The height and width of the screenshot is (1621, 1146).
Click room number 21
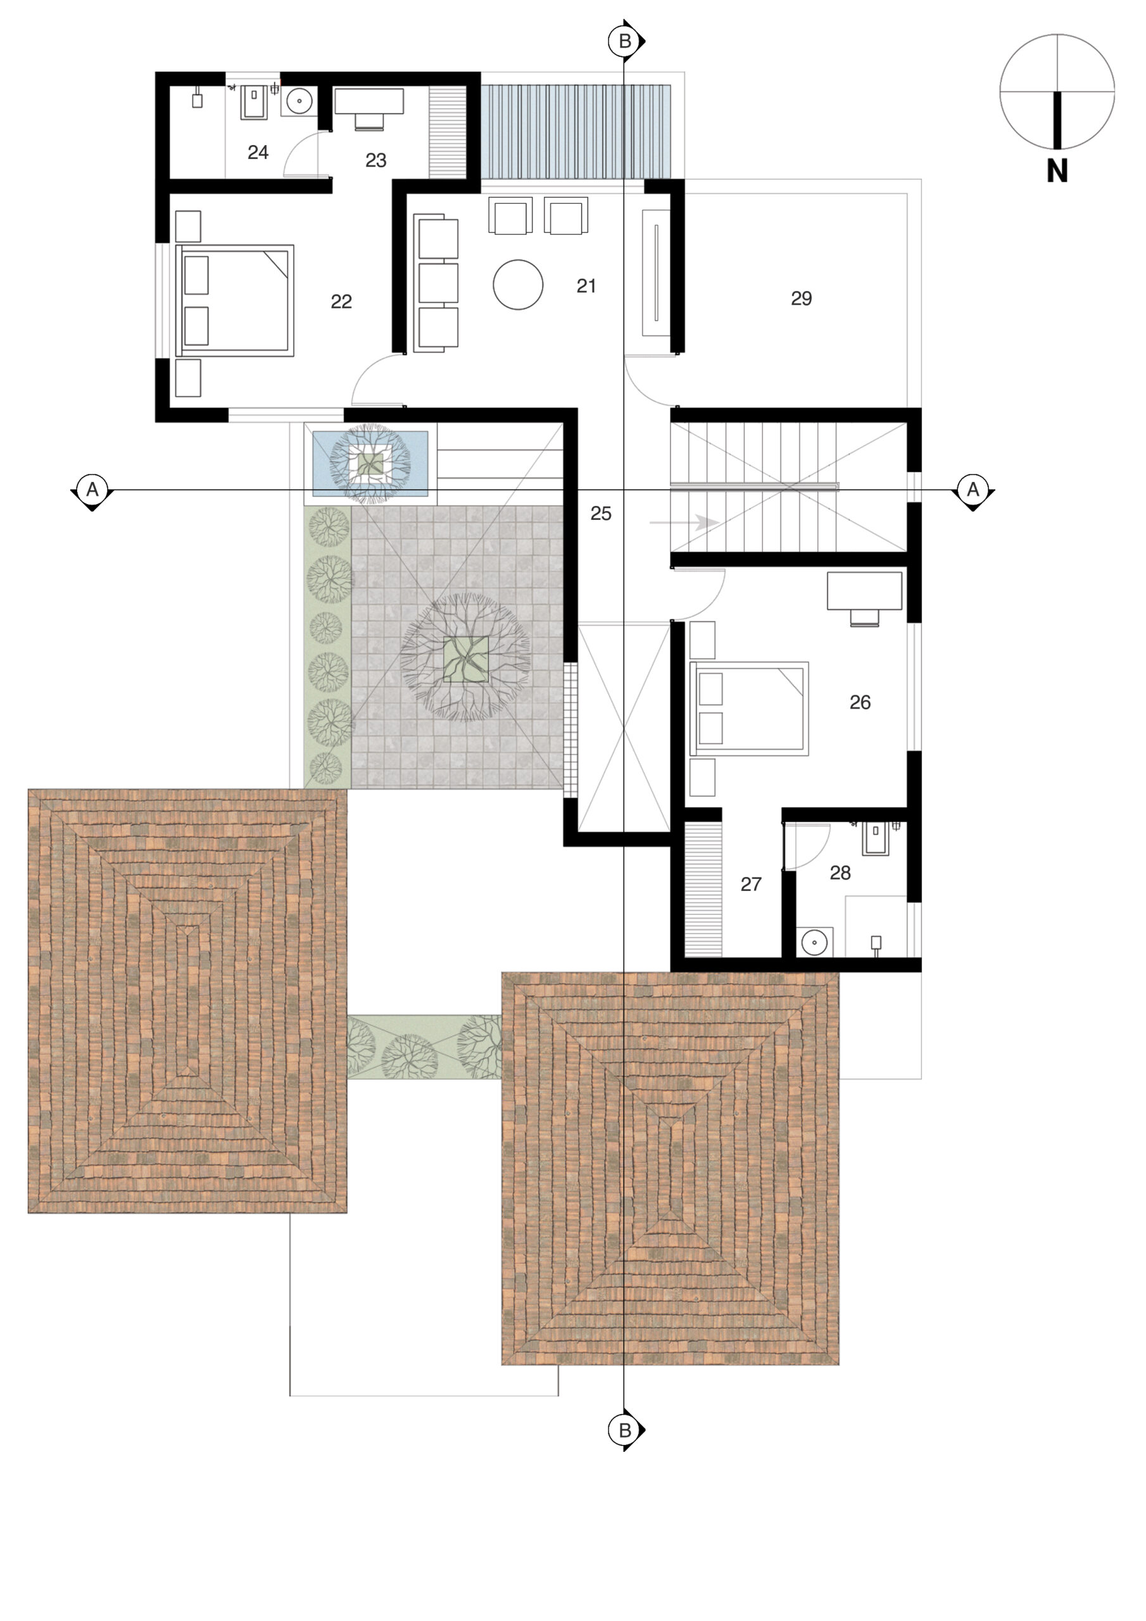(x=586, y=286)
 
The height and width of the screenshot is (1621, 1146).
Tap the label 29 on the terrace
(x=801, y=299)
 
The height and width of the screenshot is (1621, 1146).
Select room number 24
(x=258, y=152)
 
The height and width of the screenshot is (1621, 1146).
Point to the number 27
(x=750, y=884)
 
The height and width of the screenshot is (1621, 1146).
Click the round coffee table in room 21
(x=517, y=285)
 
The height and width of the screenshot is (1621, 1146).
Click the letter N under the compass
(x=1056, y=172)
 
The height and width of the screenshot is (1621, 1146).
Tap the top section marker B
(x=625, y=42)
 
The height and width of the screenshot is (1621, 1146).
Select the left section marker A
(x=92, y=489)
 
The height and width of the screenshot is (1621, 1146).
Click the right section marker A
(x=973, y=489)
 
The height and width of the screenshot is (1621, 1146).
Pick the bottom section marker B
(x=625, y=1430)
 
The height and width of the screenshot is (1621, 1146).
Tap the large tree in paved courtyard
(x=465, y=657)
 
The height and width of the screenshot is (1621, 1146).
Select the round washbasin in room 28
(x=815, y=942)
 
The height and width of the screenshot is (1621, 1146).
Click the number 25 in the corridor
(x=600, y=514)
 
